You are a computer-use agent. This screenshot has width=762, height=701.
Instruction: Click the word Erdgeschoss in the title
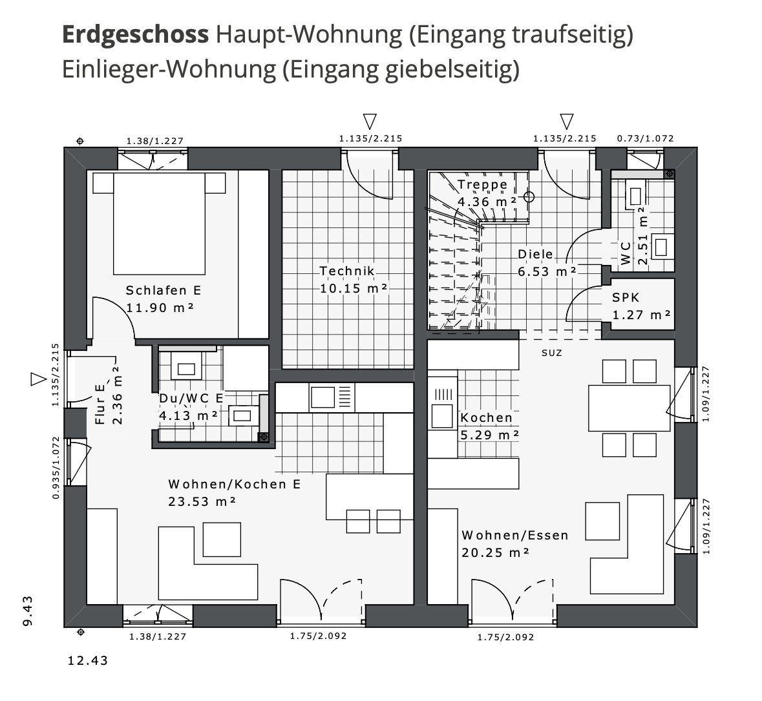135,35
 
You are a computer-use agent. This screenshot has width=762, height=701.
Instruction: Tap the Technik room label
347,271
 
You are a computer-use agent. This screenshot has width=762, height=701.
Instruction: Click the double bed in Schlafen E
159,223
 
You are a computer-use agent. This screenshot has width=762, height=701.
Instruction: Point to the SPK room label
626,298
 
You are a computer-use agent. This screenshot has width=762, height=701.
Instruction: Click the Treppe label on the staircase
483,185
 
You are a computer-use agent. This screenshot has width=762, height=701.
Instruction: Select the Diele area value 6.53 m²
547,272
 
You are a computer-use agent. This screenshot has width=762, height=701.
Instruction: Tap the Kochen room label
486,418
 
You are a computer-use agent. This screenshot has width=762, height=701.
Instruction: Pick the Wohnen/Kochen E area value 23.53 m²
202,501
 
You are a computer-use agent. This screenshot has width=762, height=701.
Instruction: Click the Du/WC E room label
191,399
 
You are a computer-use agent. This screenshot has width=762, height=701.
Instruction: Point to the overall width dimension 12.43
88,661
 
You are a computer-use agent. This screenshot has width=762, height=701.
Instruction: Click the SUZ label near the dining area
551,353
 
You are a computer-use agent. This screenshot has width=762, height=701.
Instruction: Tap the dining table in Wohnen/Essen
628,408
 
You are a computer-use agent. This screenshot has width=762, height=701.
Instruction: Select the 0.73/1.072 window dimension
645,138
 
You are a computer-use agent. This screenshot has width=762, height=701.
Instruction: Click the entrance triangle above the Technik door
370,121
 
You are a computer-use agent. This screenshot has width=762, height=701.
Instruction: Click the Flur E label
100,404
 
